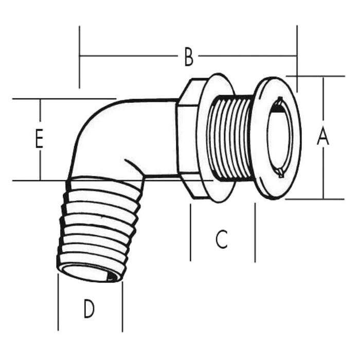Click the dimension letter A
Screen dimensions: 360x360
point(322,137)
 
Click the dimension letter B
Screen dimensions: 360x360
point(189,57)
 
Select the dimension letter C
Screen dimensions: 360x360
point(221,239)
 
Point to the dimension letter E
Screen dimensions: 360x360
point(39,139)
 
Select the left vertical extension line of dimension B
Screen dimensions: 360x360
point(80,57)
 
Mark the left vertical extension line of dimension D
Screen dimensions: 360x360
point(58,303)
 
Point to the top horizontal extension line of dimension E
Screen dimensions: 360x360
point(62,99)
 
